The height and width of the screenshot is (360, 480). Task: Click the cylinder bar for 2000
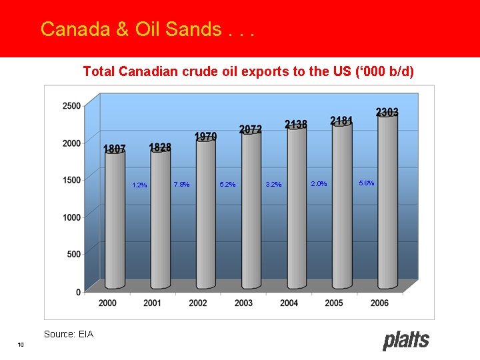pyautogui.click(x=115, y=220)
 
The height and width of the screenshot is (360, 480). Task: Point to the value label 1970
pyautogui.click(x=205, y=137)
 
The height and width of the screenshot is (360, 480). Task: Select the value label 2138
pyautogui.click(x=296, y=125)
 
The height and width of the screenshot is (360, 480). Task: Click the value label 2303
pyautogui.click(x=387, y=112)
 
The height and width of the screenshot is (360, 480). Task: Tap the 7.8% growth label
pyautogui.click(x=181, y=184)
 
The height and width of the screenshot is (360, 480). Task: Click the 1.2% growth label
pyautogui.click(x=139, y=185)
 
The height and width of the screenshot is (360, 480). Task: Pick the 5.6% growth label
pyautogui.click(x=367, y=183)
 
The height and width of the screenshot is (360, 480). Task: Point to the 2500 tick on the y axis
pyautogui.click(x=71, y=105)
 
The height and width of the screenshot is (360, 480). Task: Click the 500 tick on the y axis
pyautogui.click(x=74, y=254)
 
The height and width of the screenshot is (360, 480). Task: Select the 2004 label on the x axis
pyautogui.click(x=289, y=303)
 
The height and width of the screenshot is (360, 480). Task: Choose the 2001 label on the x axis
pyautogui.click(x=153, y=303)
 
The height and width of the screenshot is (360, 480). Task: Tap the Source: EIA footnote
pyautogui.click(x=69, y=334)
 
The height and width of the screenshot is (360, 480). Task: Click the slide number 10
pyautogui.click(x=21, y=344)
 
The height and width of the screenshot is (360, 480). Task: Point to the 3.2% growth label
pyautogui.click(x=273, y=184)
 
